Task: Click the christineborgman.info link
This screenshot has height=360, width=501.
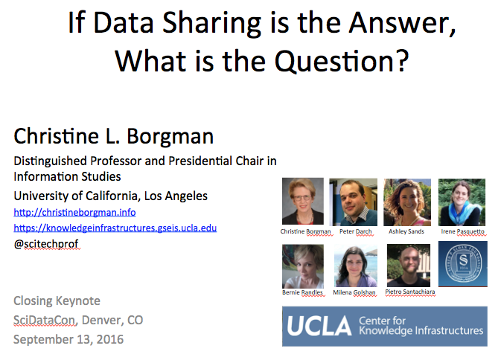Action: coord(74,212)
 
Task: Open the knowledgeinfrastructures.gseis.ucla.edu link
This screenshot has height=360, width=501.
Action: coord(115,228)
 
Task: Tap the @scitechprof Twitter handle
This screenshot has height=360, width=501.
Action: coord(46,244)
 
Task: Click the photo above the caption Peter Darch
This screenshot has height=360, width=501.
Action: coord(353,202)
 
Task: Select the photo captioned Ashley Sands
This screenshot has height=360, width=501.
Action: coord(407,202)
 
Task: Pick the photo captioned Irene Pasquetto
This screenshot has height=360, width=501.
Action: coord(462,202)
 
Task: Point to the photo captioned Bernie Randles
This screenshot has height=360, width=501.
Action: coord(303,266)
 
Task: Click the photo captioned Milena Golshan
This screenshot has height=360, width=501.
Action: coord(356,266)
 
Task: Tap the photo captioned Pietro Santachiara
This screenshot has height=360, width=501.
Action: coord(409,266)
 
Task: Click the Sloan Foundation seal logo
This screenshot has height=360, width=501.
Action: coord(463,264)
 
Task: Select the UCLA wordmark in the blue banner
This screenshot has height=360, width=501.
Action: coord(319,327)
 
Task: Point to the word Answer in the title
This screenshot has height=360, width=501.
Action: coord(402,23)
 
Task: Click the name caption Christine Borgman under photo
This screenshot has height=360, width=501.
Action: coord(305,231)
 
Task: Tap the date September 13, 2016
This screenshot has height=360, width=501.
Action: coord(68,339)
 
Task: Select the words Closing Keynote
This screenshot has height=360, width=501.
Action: coord(57,300)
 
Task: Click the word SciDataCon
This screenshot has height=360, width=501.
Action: coord(45,320)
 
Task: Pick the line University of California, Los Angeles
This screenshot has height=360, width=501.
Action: coord(111,196)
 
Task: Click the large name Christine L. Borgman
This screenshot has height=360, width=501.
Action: coord(113,136)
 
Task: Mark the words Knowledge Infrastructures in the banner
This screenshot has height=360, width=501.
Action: coord(421,331)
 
